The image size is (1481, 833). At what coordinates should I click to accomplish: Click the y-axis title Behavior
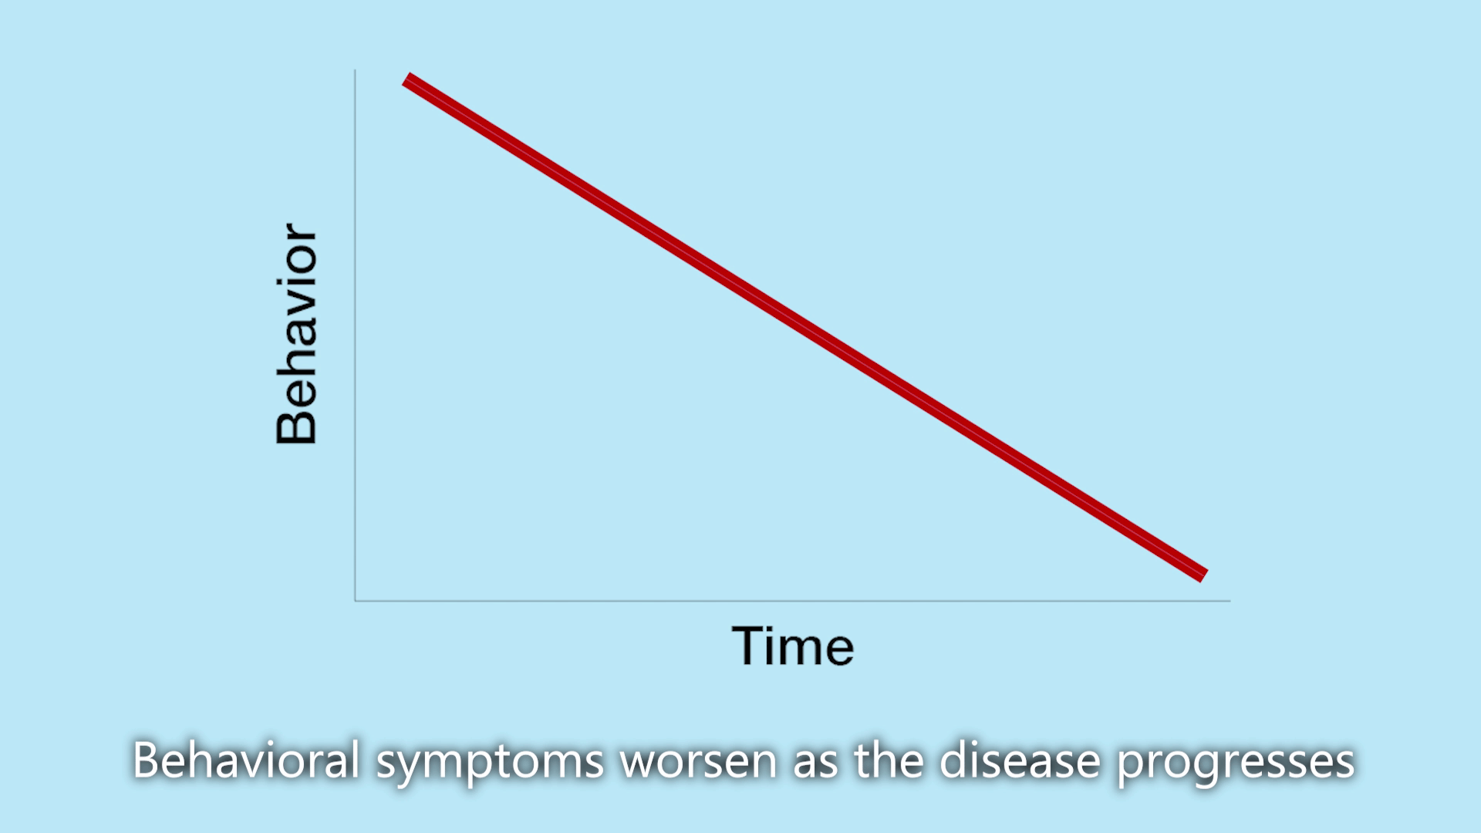[x=296, y=333]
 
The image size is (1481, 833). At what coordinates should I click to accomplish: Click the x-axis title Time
[x=793, y=646]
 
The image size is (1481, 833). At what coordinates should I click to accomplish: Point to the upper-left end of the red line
[x=407, y=80]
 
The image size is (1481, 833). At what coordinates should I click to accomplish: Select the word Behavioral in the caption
[x=246, y=760]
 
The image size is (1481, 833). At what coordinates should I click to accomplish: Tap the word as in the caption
[x=816, y=764]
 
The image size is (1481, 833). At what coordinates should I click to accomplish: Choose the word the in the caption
[x=889, y=760]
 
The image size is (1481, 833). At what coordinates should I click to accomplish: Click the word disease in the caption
[x=1020, y=760]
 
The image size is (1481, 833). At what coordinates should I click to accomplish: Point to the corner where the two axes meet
[x=355, y=600]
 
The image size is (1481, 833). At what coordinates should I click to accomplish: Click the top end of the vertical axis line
[x=355, y=70]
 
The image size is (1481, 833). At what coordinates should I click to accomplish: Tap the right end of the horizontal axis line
[x=1230, y=600]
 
